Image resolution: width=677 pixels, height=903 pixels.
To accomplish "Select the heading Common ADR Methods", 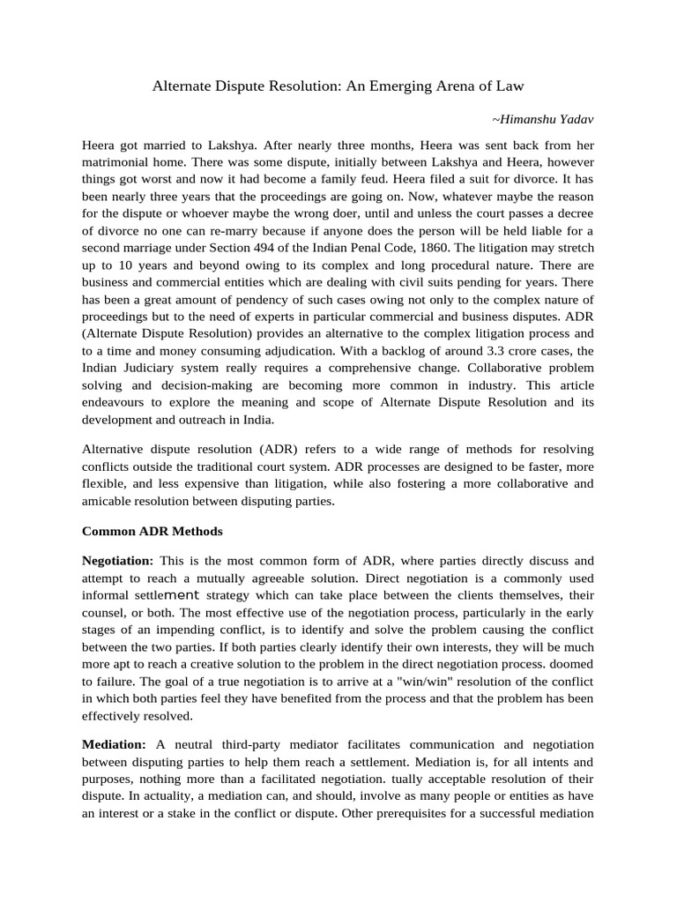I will pyautogui.click(x=153, y=532).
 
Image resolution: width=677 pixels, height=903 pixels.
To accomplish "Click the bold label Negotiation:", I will pyautogui.click(x=118, y=561).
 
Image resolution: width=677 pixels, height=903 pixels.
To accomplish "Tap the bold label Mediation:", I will pyautogui.click(x=114, y=745).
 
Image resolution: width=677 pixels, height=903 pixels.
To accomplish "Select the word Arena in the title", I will pyautogui.click(x=464, y=86).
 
